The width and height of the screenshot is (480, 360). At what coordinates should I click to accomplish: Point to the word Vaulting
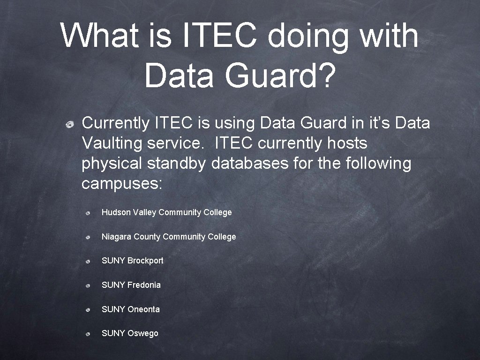112,143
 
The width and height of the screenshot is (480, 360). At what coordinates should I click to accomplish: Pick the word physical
112,164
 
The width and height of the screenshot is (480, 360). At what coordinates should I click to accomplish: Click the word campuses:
122,184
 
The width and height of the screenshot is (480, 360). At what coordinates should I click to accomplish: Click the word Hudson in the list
116,212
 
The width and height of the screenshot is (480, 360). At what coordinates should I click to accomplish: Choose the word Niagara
116,237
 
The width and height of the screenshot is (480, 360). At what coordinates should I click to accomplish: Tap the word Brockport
145,261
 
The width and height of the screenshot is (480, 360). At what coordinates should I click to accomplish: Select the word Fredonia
144,285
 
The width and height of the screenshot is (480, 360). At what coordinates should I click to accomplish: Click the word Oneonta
143,309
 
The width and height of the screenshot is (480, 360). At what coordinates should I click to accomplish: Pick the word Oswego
143,333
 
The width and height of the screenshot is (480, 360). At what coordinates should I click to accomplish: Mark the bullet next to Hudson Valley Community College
88,213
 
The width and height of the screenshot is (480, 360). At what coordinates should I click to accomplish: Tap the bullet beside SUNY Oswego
88,334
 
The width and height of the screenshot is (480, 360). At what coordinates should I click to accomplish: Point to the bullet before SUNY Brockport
88,262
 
